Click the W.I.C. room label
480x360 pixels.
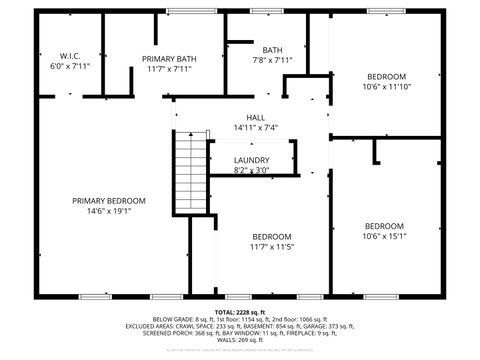click(x=69, y=56)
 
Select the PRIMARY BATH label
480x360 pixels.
click(x=169, y=59)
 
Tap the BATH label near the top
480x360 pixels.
click(x=273, y=50)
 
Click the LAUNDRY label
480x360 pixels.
click(x=251, y=160)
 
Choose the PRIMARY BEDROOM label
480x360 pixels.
click(x=109, y=200)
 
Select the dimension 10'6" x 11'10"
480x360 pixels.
click(x=385, y=87)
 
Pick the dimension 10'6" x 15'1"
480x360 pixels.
click(x=384, y=236)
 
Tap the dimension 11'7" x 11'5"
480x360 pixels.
click(x=271, y=246)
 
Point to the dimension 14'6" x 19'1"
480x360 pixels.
click(x=109, y=210)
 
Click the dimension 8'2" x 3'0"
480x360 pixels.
click(x=251, y=171)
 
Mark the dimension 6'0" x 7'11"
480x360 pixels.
click(x=70, y=66)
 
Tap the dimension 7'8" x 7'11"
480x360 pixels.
click(x=273, y=60)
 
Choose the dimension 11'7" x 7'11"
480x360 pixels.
click(x=169, y=69)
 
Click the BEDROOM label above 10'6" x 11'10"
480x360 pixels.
click(x=386, y=77)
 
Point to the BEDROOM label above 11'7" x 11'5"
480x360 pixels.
click(x=271, y=236)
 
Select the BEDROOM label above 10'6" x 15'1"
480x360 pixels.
click(x=384, y=226)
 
